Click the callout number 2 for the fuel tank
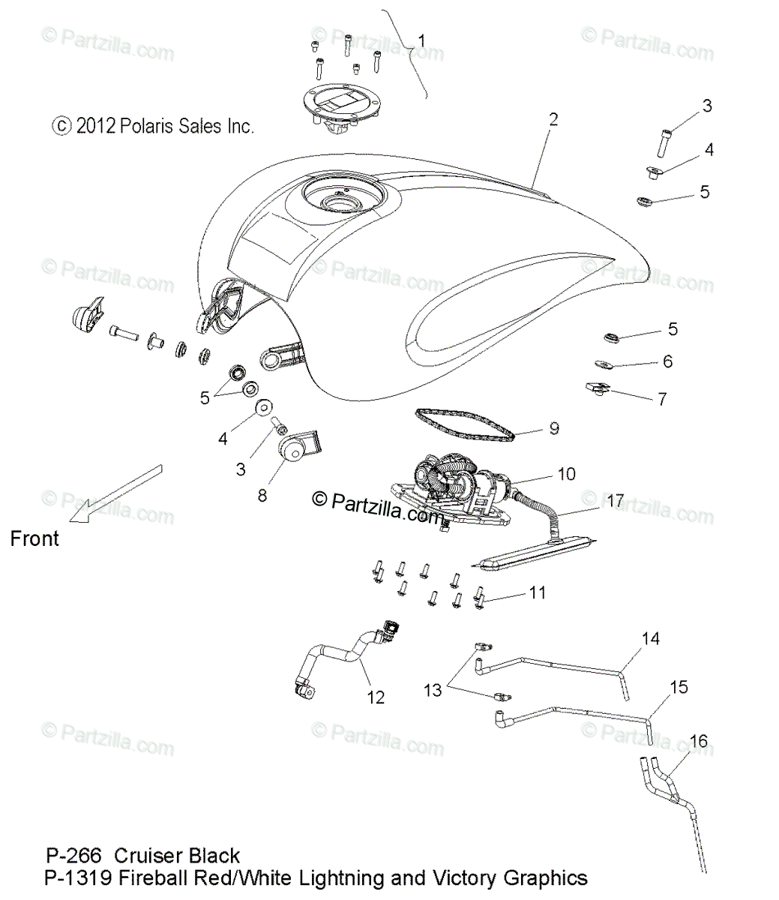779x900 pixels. pyautogui.click(x=553, y=118)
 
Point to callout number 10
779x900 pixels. pyautogui.click(x=566, y=474)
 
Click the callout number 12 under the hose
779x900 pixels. pyautogui.click(x=376, y=697)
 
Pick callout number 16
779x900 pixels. pyautogui.click(x=698, y=742)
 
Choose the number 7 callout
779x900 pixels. pyautogui.click(x=661, y=400)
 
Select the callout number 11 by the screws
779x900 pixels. pyautogui.click(x=538, y=592)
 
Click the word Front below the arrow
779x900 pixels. pyautogui.click(x=34, y=538)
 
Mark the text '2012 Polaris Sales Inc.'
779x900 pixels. pyautogui.click(x=164, y=126)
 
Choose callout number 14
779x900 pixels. pyautogui.click(x=650, y=639)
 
